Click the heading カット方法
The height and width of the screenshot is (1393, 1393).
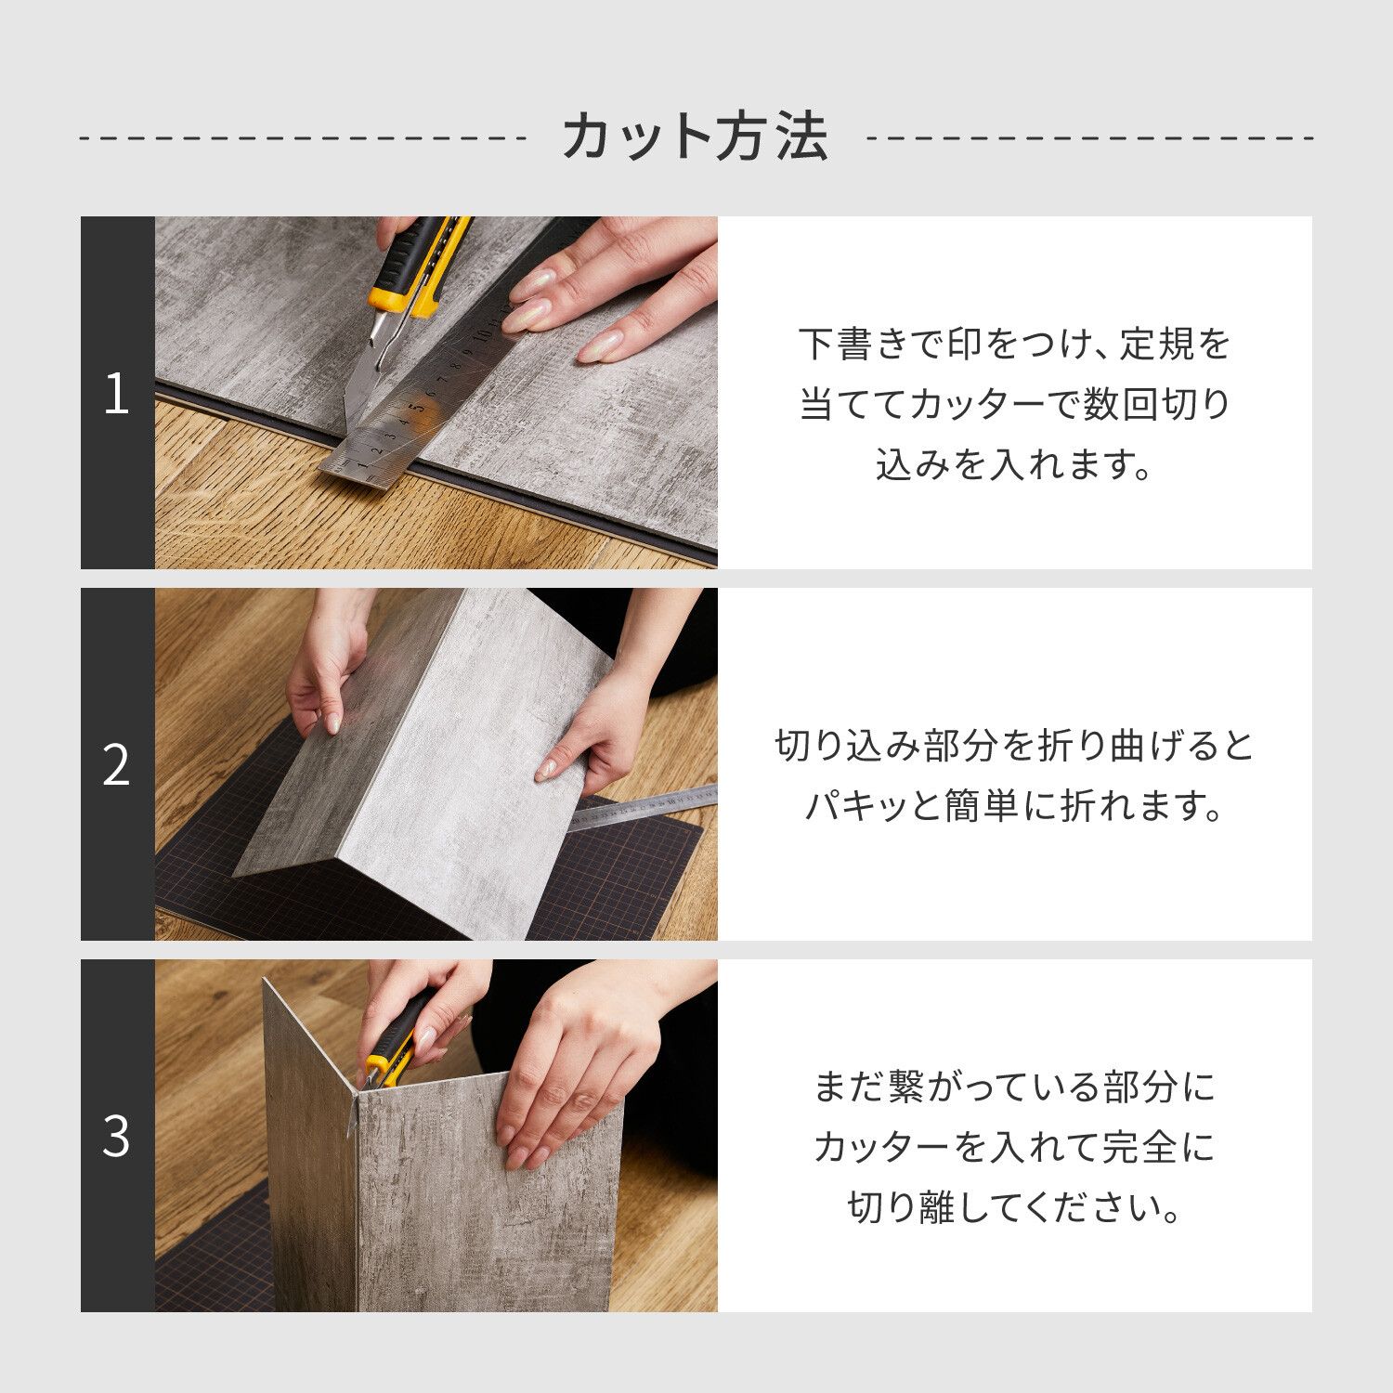(x=695, y=137)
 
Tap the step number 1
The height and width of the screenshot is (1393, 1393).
(x=116, y=394)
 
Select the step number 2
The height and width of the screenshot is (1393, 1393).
(x=116, y=765)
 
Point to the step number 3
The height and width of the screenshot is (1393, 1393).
(x=116, y=1135)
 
